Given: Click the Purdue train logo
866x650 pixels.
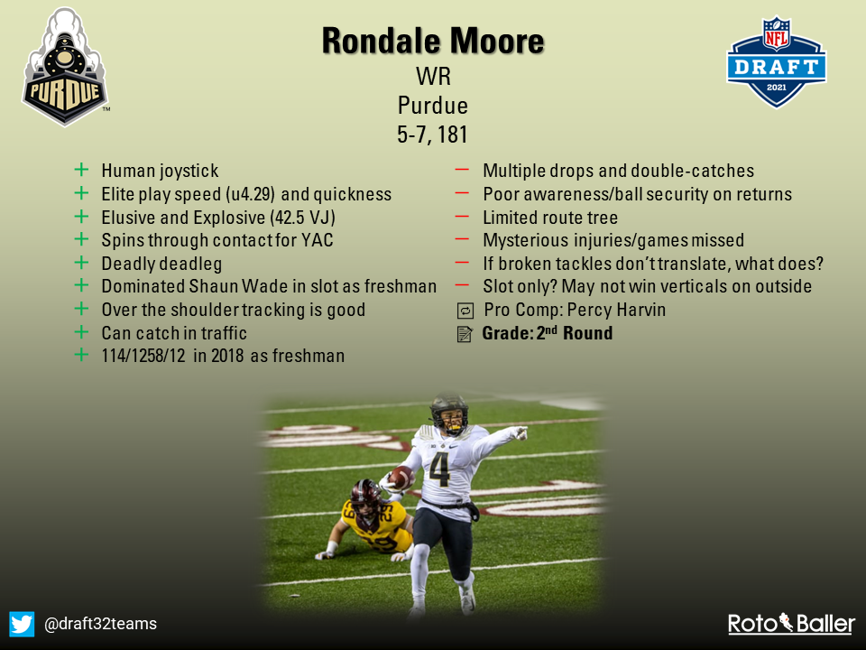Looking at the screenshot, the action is coord(65,67).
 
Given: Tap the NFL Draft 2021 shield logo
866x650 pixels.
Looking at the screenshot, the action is coord(776,62).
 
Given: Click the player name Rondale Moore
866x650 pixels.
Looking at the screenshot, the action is coord(433,41).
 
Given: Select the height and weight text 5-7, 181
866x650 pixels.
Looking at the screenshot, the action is coord(432,135).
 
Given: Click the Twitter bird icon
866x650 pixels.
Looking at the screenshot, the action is coord(22,624).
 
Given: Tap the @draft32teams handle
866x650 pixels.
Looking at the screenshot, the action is coord(100,624).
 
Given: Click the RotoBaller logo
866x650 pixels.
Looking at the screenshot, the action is coord(791,624).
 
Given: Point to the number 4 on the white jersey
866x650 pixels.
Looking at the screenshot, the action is coord(439,469).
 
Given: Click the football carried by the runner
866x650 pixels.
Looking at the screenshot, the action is coord(401,477).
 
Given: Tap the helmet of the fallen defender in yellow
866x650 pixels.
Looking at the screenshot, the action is coord(365,497).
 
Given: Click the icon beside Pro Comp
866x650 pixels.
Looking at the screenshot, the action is coord(465,311).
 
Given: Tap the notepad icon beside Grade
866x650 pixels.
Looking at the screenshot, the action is coord(465,334).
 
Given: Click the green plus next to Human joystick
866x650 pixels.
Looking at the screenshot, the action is coord(81,170).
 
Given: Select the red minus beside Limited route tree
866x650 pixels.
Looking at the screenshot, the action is coord(462,217).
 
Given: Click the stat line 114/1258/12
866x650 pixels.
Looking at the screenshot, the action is coord(143,356).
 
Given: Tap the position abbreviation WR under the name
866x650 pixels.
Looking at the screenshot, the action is coord(434,76).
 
